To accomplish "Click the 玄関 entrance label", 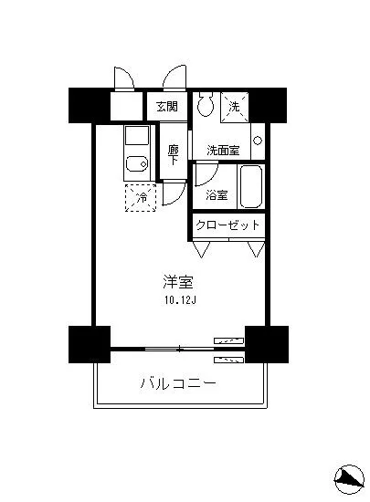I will pos(166,106).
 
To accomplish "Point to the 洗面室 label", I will pos(222,151).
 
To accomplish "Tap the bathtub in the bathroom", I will pos(248,189).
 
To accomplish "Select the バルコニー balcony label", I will pos(178,383).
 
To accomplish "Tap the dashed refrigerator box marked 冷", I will pos(142,197).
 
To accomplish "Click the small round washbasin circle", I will pos(258,141).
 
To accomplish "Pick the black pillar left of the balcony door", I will pos(89,344).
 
